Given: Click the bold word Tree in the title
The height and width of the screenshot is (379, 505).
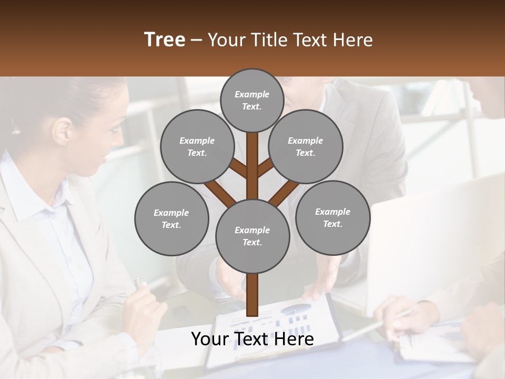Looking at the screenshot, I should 165,40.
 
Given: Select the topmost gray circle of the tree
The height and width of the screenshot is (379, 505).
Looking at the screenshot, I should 252,100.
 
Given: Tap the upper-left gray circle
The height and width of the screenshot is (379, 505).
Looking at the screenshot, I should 197,147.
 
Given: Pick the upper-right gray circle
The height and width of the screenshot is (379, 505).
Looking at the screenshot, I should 306,147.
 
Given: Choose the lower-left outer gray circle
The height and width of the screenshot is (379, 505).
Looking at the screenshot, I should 171,218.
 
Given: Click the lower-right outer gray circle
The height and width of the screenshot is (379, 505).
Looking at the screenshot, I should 332,217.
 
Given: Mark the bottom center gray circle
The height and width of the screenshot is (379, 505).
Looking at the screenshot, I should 252,236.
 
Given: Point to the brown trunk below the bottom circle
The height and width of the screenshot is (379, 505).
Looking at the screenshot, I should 252,295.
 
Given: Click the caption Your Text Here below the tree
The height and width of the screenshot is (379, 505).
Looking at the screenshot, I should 252,340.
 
